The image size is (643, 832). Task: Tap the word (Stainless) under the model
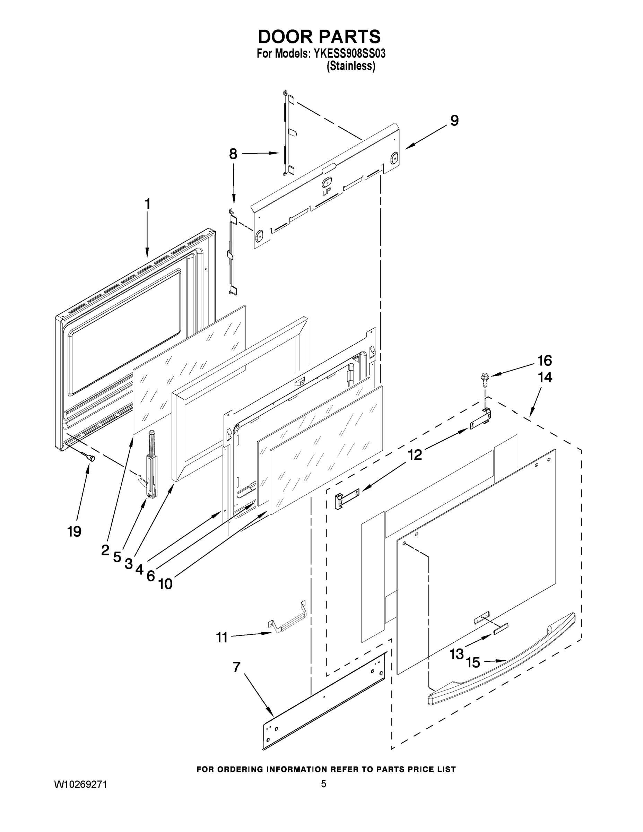click(351, 66)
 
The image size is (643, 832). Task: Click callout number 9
click(454, 121)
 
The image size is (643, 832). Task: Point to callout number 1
click(148, 204)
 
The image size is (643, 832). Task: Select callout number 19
click(74, 531)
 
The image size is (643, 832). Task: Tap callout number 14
click(545, 378)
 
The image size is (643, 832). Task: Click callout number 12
click(415, 454)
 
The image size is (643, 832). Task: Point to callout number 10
click(165, 584)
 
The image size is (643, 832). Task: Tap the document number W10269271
click(81, 785)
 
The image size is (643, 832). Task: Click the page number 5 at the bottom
click(323, 784)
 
